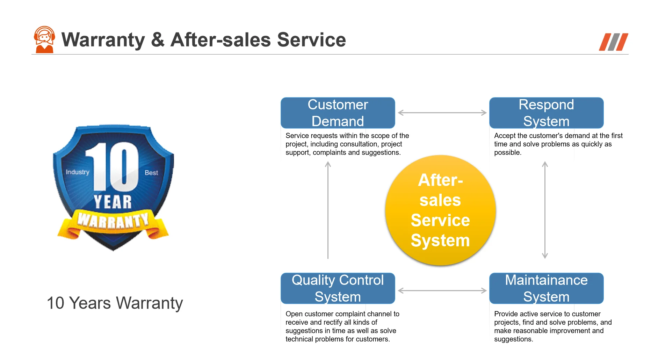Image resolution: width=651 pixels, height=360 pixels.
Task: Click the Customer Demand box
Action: (338, 113)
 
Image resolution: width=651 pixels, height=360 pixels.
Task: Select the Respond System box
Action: (546, 113)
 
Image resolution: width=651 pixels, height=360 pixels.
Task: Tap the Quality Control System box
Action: (338, 288)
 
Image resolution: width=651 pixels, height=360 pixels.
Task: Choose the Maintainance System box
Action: (546, 288)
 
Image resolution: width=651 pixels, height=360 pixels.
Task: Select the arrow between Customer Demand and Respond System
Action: (442, 113)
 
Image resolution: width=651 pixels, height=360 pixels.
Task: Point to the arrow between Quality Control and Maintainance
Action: (442, 290)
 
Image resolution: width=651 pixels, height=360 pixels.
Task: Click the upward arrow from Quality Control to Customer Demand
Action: (328, 210)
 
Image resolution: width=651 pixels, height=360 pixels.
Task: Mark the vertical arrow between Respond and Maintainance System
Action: (545, 210)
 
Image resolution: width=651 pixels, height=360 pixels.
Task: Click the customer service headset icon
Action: (44, 39)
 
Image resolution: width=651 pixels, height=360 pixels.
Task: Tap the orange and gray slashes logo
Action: (613, 42)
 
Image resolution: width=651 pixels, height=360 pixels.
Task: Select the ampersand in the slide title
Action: (158, 39)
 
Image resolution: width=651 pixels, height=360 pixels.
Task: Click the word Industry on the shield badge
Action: (78, 172)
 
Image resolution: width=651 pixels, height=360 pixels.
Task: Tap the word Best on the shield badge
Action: (151, 173)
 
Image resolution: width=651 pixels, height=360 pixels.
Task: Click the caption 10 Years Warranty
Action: (115, 303)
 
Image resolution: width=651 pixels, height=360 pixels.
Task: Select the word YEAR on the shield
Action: (113, 202)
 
